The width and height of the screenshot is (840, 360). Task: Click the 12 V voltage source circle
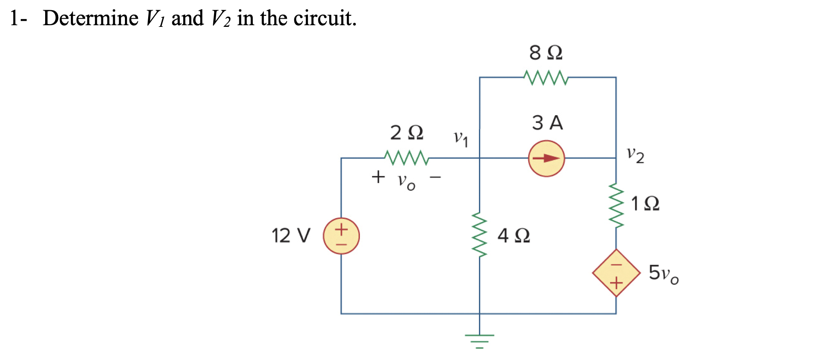pos(341,236)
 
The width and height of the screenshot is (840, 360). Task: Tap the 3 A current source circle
pos(546,158)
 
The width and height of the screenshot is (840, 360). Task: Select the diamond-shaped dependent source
pos(616,273)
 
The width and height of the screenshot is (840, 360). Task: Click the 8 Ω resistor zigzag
pos(545,77)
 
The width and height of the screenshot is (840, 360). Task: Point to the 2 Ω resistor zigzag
pos(406,158)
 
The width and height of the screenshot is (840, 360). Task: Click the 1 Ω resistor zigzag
pos(616,205)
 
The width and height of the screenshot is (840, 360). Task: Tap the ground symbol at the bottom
pos(480,341)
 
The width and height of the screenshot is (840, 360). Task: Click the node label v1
pos(461,139)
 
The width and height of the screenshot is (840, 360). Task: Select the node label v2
pos(635,155)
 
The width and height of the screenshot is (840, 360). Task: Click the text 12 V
pos(291,236)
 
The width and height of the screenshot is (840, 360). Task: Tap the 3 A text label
pos(547,122)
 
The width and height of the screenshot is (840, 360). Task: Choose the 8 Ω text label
pos(545,53)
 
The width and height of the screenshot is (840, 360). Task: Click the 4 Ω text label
pos(514,236)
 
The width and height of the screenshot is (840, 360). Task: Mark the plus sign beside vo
pos(378,177)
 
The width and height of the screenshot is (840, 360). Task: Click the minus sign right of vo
pos(435,177)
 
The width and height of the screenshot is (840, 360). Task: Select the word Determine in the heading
pos(90,18)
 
